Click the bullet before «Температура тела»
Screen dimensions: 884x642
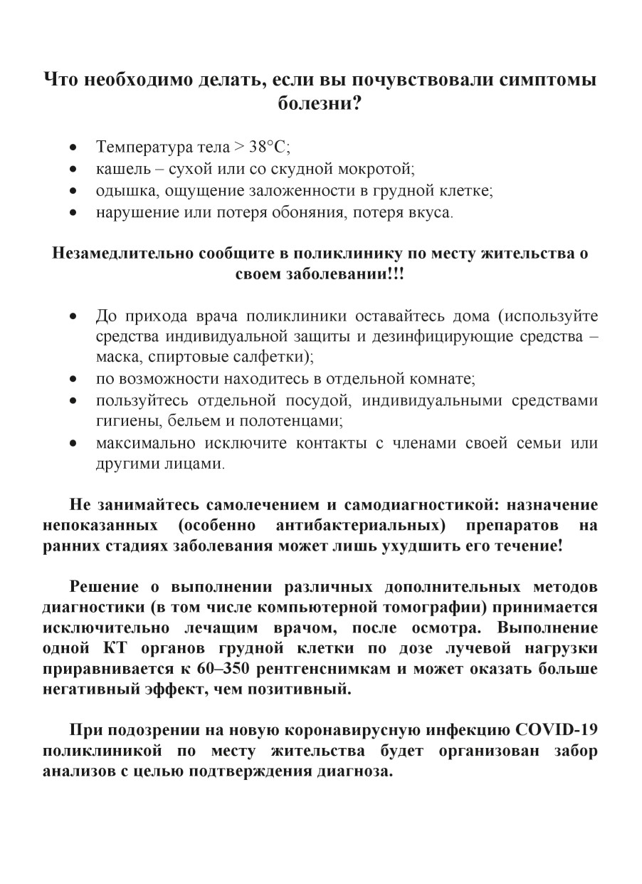click(x=73, y=148)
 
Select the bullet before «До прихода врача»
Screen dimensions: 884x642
click(x=73, y=316)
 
